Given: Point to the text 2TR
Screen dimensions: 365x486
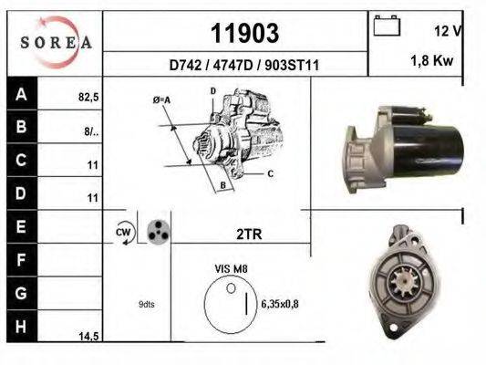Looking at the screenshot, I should pos(249,234).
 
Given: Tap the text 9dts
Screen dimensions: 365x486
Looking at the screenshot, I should pos(147,304).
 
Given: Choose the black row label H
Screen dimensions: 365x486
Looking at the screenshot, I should pos(20,328).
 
